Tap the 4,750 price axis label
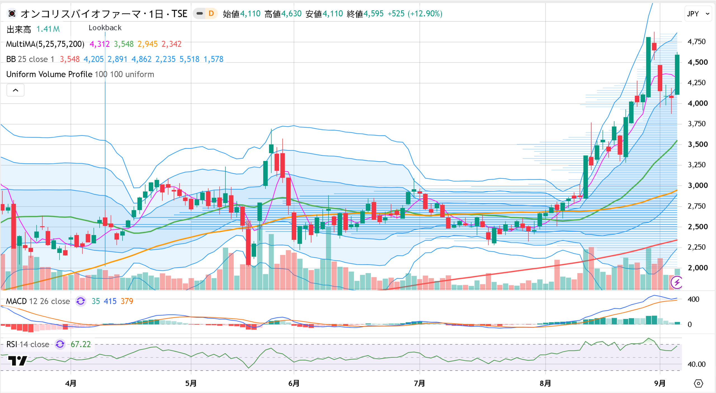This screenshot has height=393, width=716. click(697, 42)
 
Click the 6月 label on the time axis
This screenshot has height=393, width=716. click(294, 383)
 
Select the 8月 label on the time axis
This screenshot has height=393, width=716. click(545, 383)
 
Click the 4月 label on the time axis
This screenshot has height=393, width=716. click(71, 383)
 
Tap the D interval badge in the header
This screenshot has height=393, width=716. click(211, 13)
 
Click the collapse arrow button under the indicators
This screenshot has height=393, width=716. click(16, 90)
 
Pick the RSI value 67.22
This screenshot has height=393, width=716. click(81, 344)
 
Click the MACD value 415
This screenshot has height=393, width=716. click(110, 301)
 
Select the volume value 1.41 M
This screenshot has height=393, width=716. click(48, 29)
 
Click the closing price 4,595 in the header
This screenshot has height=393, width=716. click(373, 13)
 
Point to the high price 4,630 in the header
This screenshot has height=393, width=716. click(291, 13)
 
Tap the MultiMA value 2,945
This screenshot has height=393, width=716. click(148, 44)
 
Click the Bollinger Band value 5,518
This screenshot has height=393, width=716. click(189, 59)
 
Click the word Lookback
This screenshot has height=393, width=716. click(105, 28)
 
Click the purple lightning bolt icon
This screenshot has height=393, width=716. click(677, 283)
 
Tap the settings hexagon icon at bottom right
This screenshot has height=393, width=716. click(698, 383)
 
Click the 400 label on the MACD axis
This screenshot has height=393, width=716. click(694, 299)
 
